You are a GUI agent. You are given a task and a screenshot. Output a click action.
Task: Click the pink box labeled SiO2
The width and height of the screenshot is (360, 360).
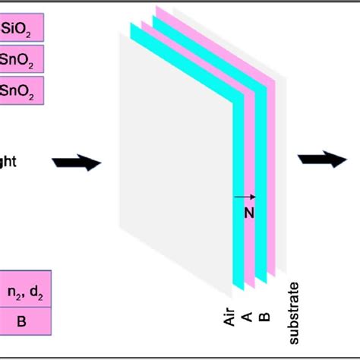tap(21, 30)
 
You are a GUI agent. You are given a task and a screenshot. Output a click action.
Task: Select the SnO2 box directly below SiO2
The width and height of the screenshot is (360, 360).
tap(21, 60)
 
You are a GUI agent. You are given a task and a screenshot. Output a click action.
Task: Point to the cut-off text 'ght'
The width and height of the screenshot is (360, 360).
tap(8, 162)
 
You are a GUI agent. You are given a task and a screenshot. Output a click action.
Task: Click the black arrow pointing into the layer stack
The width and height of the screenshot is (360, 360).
tap(77, 162)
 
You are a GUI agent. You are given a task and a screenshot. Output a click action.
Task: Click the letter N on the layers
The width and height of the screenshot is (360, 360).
tap(248, 214)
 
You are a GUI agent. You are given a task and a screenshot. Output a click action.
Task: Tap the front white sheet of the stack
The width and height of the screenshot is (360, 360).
tap(175, 190)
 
